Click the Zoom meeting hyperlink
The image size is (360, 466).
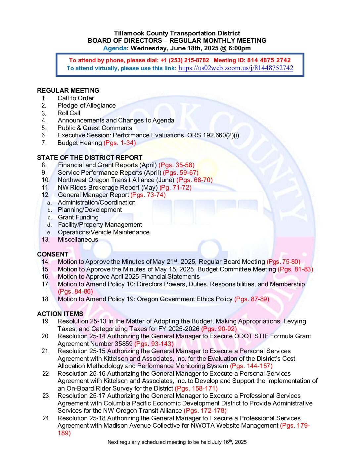pyautogui.click(x=236, y=68)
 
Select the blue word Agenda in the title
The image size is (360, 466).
pyautogui.click(x=115, y=48)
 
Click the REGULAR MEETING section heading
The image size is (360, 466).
pyautogui.click(x=68, y=91)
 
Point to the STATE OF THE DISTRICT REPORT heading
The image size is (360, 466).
pyautogui.click(x=90, y=158)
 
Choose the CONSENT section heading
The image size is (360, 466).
pyautogui.click(x=53, y=254)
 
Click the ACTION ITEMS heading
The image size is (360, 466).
pyautogui.click(x=60, y=314)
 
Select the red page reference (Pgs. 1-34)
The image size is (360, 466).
pyautogui.click(x=120, y=143)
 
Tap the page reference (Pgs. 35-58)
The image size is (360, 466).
pyautogui.click(x=176, y=165)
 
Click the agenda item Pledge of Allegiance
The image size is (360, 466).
pyautogui.click(x=87, y=106)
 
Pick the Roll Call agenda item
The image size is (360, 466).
pyautogui.click(x=69, y=113)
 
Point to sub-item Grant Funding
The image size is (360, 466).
pyautogui.click(x=78, y=217)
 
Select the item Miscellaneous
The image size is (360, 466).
pyautogui.click(x=78, y=240)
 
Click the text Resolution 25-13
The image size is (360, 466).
pyautogui.click(x=82, y=321)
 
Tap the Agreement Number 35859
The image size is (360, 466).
pyautogui.click(x=95, y=344)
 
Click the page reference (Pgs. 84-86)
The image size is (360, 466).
pyautogui.click(x=75, y=292)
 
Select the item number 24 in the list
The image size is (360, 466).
pyautogui.click(x=46, y=418)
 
